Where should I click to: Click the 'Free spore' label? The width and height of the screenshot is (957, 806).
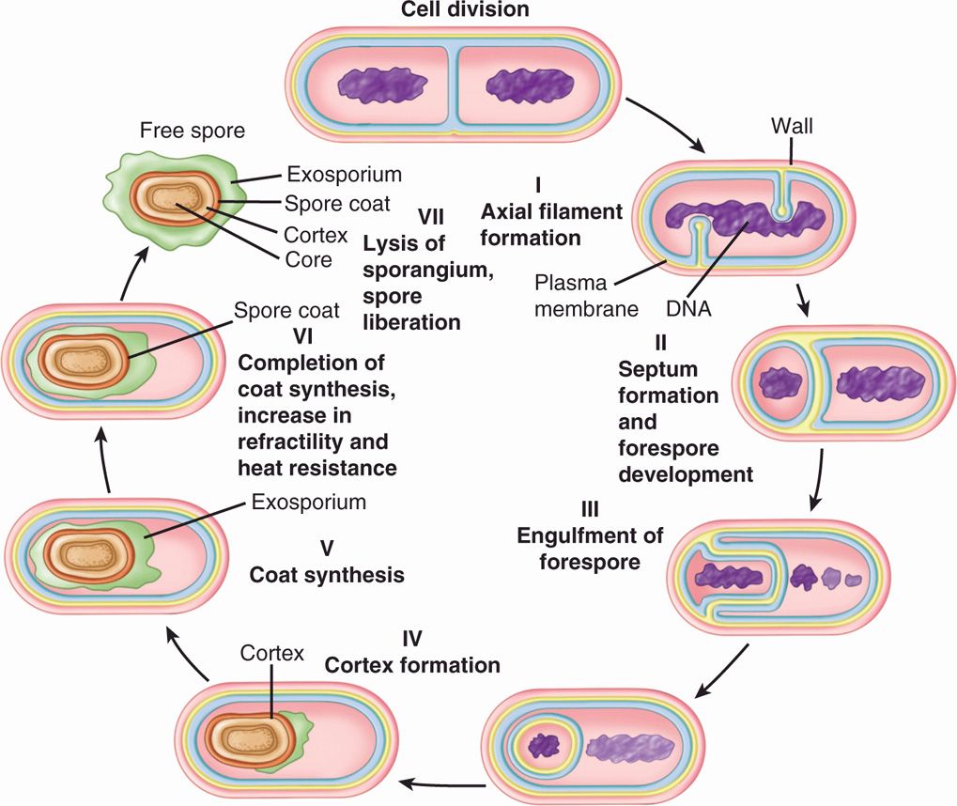(x=192, y=132)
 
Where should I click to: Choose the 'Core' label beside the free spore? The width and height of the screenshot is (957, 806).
(x=309, y=258)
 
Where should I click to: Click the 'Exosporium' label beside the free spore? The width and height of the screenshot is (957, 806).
(x=344, y=176)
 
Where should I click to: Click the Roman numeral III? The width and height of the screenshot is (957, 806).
(x=591, y=510)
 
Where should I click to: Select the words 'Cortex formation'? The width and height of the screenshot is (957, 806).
(x=411, y=664)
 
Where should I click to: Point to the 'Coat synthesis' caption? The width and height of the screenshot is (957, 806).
(x=327, y=574)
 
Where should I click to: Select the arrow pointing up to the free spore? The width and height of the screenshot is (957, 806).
(x=133, y=273)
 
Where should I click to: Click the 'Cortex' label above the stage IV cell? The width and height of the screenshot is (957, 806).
(x=272, y=651)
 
